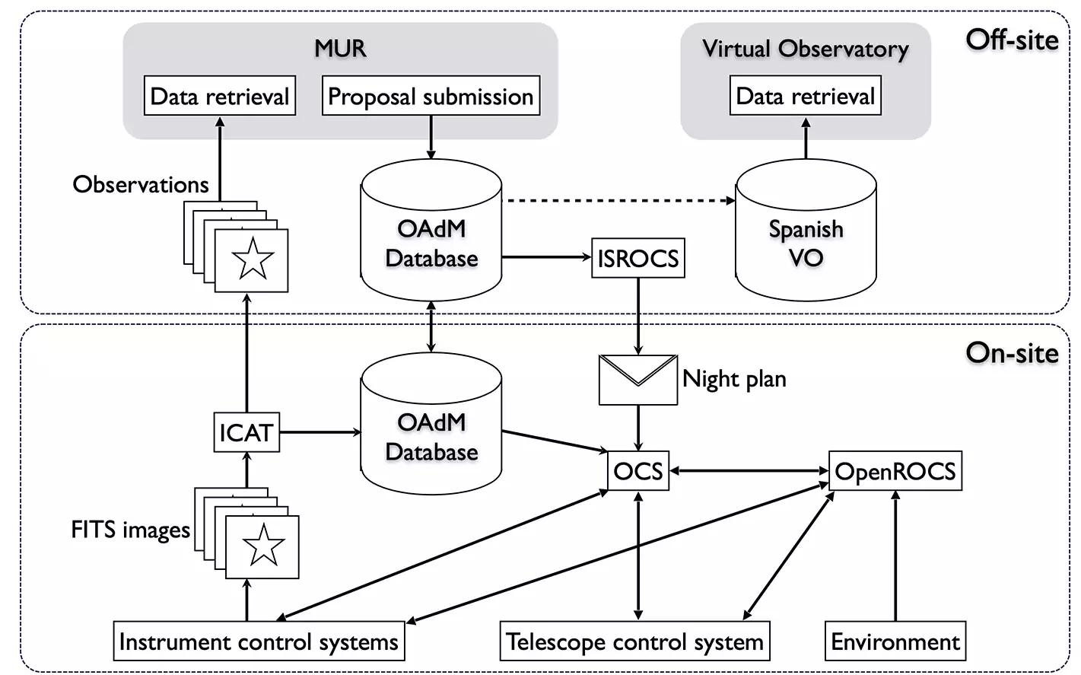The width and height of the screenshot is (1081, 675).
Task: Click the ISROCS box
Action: (x=637, y=258)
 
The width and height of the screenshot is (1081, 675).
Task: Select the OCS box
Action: (x=637, y=471)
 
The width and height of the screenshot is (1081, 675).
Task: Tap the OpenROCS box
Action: (x=895, y=471)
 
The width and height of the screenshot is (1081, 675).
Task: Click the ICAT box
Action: (x=245, y=432)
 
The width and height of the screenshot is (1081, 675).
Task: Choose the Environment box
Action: (x=895, y=642)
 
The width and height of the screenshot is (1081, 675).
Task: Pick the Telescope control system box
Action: (x=634, y=642)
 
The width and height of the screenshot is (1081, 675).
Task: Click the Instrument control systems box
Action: (x=259, y=642)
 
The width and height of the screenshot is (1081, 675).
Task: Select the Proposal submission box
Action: (x=431, y=96)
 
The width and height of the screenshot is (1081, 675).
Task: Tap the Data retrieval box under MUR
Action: (x=219, y=96)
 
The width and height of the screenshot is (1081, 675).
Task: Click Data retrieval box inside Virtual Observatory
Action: (x=805, y=96)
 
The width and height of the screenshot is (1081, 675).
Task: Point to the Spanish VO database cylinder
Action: (x=806, y=236)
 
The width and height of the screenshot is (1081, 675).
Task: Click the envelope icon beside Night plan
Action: (x=637, y=379)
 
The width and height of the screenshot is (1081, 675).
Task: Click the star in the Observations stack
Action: (x=253, y=259)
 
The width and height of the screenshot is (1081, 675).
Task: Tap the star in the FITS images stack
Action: (x=263, y=545)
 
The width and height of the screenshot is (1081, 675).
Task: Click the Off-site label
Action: (x=1011, y=40)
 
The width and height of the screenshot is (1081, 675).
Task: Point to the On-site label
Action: (x=1011, y=352)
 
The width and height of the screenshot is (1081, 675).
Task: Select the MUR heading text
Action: (x=340, y=48)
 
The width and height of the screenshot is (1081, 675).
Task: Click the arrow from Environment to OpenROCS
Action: (x=895, y=556)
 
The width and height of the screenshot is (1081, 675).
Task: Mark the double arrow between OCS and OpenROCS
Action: (x=749, y=471)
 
